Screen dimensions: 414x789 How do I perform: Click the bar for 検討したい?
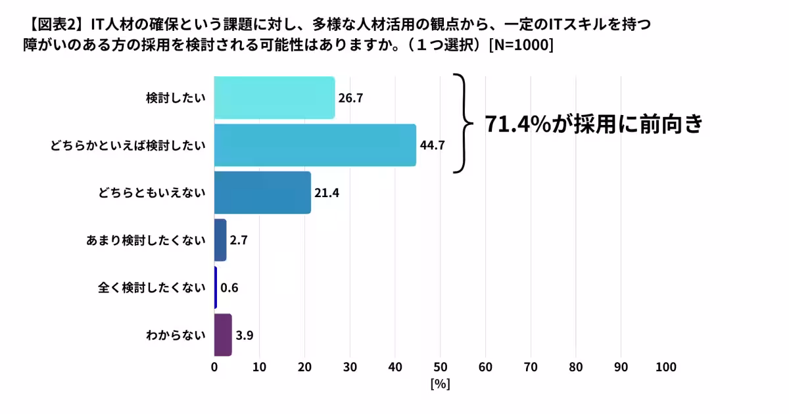(274, 98)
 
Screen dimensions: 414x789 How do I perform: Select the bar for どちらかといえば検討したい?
(315, 145)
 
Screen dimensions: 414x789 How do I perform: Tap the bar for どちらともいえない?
(262, 193)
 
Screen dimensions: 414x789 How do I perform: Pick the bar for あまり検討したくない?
(220, 240)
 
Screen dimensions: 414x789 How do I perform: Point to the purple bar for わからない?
(223, 334)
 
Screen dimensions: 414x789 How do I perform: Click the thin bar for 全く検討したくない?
(216, 287)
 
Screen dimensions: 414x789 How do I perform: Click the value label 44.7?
(433, 145)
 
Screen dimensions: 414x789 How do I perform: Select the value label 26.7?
(350, 98)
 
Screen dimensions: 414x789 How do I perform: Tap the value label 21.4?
(327, 193)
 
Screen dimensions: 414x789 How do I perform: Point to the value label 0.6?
(229, 287)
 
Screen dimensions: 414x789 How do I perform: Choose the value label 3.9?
(245, 334)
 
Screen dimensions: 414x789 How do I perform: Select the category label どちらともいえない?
(152, 193)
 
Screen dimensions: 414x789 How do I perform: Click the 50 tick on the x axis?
(441, 367)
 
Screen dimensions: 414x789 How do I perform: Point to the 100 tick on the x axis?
(666, 367)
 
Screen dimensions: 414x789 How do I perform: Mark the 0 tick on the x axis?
(214, 367)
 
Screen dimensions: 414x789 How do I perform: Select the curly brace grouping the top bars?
(464, 122)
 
